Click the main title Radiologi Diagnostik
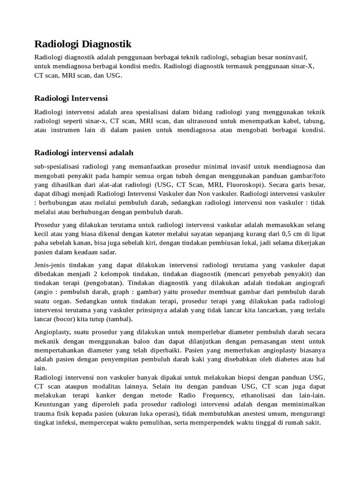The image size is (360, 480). (x=83, y=45)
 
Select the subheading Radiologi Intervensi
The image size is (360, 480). (x=71, y=98)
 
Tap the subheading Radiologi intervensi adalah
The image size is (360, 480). (x=84, y=153)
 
